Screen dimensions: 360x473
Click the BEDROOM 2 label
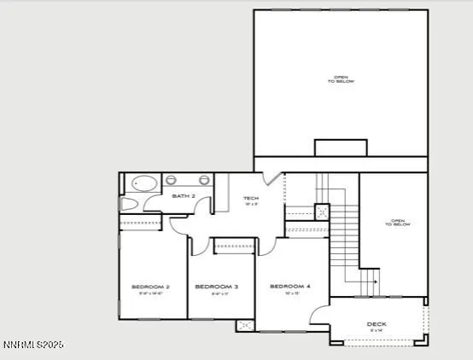tap(150, 286)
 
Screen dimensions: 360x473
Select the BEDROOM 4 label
tap(285, 286)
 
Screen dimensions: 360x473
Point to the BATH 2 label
tap(184, 196)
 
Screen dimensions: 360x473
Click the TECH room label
tap(251, 198)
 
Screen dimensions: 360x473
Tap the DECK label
tap(377, 323)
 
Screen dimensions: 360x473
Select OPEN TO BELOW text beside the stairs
tap(399, 223)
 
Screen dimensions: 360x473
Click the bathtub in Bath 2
tap(143, 183)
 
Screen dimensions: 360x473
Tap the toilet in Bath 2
tap(129, 205)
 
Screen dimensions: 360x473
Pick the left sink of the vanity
tap(171, 180)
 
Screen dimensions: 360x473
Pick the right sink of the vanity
tap(204, 180)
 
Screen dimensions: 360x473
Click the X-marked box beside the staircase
tap(322, 212)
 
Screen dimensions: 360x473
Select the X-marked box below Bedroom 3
tap(244, 325)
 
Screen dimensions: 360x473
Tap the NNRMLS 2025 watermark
tap(32, 345)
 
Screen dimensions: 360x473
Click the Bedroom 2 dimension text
tap(150, 294)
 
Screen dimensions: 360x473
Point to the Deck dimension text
tap(377, 331)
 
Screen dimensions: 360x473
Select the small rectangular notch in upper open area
tap(341, 148)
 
